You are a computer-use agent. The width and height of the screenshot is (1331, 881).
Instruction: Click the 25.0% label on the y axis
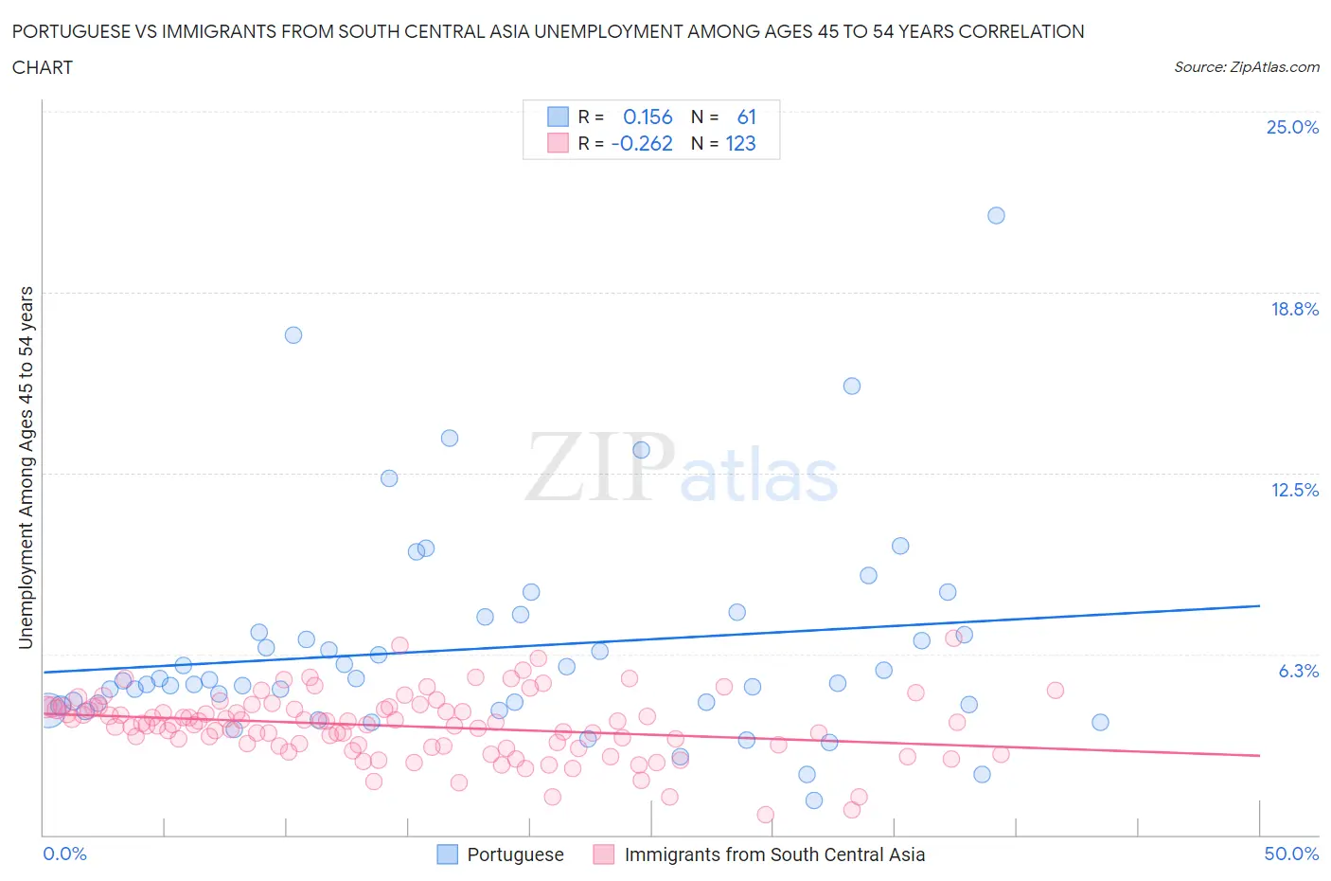click(1292, 127)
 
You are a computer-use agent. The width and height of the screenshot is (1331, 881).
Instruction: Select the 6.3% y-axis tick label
click(1298, 671)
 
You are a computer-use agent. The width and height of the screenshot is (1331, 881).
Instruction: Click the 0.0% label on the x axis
click(64, 854)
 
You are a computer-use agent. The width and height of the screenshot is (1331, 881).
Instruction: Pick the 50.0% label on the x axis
click(1291, 854)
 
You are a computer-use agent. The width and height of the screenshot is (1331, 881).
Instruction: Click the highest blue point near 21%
click(996, 215)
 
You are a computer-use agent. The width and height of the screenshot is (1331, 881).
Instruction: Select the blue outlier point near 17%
click(293, 334)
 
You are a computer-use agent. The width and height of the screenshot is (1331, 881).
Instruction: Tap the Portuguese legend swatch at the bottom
click(447, 854)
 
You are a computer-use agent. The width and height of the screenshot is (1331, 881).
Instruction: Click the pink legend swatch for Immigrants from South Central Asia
click(604, 854)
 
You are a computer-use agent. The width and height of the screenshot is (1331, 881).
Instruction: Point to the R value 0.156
click(648, 117)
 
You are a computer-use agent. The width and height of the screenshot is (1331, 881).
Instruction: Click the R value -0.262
click(642, 143)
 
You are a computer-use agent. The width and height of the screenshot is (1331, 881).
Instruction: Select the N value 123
click(740, 143)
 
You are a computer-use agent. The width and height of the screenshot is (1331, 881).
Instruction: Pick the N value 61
click(746, 117)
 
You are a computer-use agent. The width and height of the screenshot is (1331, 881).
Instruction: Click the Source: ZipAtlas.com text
click(1246, 66)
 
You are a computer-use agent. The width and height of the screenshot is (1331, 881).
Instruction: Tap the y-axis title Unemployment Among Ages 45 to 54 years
click(26, 467)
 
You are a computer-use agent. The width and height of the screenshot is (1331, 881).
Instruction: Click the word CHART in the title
click(43, 67)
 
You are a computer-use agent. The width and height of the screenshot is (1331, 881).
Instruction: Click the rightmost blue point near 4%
click(1100, 722)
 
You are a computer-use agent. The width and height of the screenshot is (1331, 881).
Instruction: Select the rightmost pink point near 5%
click(1056, 690)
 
